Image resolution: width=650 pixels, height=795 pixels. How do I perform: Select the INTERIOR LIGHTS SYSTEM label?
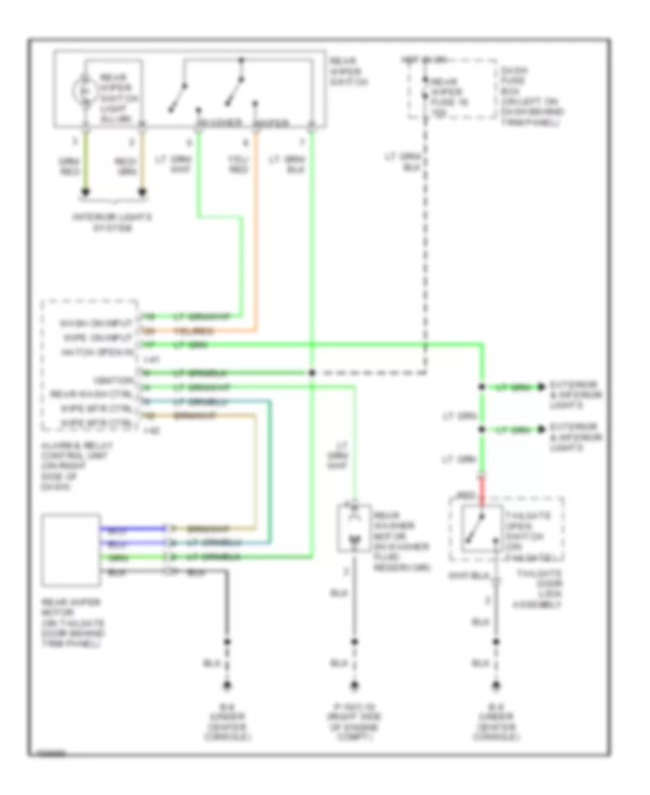tap(114, 222)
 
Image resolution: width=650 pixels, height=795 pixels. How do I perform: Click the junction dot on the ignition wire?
tap(311, 373)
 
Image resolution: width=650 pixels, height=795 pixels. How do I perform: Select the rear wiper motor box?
tap(71, 549)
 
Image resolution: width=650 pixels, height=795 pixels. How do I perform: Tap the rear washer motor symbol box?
tap(354, 530)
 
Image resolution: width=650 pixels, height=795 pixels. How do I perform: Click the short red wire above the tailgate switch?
tap(482, 487)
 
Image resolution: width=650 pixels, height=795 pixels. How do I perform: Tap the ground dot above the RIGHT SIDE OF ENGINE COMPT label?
tap(354, 684)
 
